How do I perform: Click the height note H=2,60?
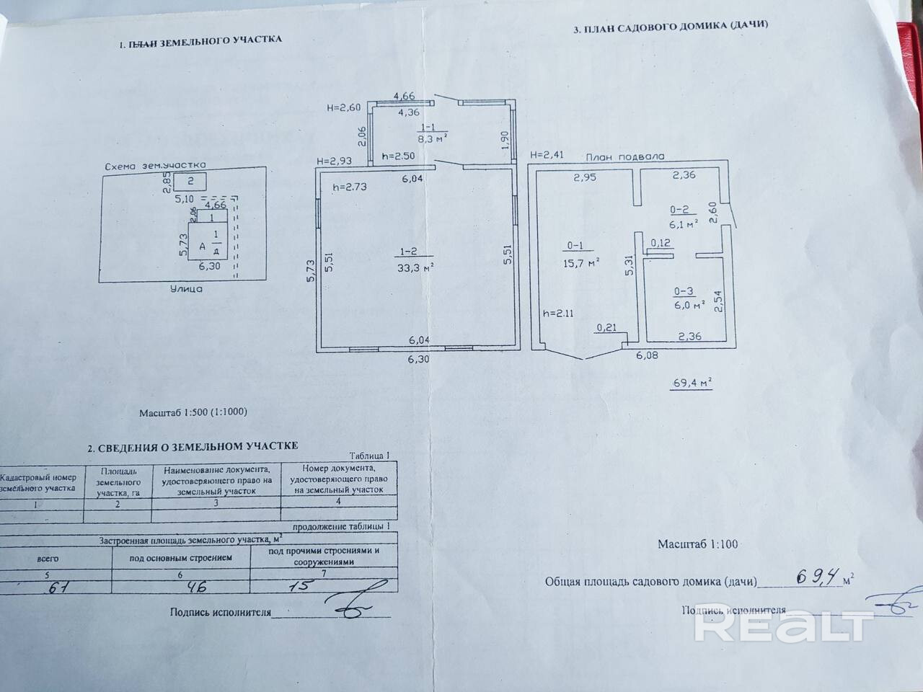click(x=343, y=108)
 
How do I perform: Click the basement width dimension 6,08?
click(x=646, y=355)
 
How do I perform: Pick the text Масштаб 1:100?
click(x=697, y=544)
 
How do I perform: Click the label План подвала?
click(x=624, y=156)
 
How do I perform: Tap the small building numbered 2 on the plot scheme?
click(x=190, y=181)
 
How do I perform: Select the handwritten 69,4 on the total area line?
click(x=818, y=576)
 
